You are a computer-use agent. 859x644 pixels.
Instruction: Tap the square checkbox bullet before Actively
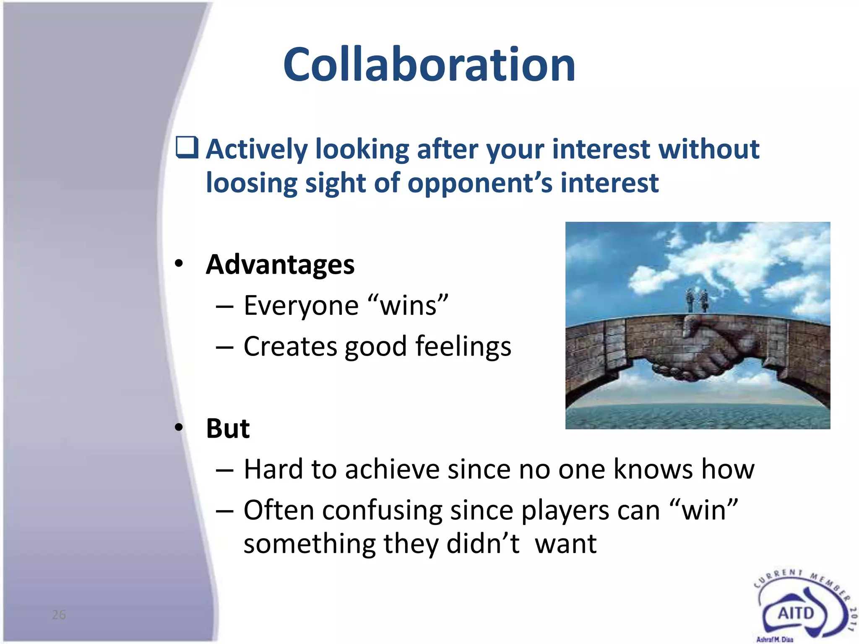click(187, 148)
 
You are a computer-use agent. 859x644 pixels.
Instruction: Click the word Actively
click(256, 150)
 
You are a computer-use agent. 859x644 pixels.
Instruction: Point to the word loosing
click(251, 183)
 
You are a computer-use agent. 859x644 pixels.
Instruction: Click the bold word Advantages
click(280, 265)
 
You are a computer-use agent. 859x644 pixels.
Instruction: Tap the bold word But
click(228, 428)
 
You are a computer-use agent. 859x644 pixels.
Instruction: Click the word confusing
click(382, 510)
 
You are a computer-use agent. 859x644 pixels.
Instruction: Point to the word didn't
click(482, 544)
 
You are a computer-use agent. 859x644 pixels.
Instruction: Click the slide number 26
click(59, 615)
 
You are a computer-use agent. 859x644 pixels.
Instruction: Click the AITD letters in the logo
click(796, 613)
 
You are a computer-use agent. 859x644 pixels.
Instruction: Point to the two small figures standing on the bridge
click(696, 300)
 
